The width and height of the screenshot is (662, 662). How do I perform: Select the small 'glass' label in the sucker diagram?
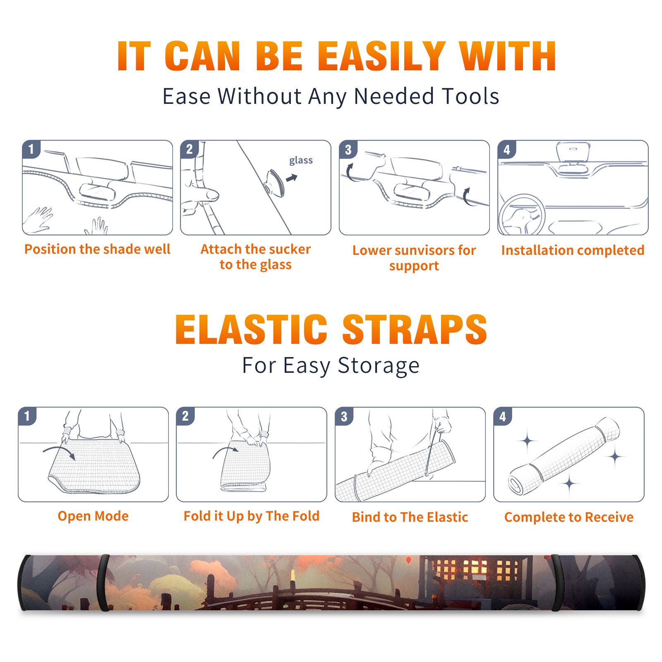(x=301, y=161)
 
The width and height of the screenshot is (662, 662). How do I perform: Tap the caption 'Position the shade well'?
(x=97, y=249)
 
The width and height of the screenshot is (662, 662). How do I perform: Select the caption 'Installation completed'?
(x=573, y=250)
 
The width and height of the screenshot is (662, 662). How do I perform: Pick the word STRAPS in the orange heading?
(x=415, y=329)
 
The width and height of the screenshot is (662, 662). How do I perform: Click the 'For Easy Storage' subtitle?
(x=331, y=365)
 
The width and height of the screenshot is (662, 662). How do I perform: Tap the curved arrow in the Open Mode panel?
(x=59, y=451)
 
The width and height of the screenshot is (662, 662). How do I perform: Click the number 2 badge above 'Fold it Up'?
(x=185, y=416)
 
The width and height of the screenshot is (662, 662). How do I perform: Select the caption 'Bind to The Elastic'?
(x=410, y=517)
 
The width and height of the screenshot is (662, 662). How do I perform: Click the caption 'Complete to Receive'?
(x=568, y=517)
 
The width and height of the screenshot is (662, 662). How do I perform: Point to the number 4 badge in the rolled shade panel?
(x=503, y=416)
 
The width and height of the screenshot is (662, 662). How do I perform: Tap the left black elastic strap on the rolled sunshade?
(x=103, y=583)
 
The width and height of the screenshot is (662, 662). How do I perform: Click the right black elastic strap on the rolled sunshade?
(x=557, y=583)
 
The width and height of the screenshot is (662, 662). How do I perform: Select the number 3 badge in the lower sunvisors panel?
(x=348, y=149)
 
